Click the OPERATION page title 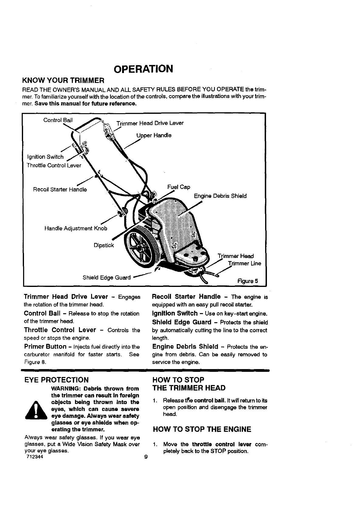pyautogui.click(x=143, y=69)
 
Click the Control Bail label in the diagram pyautogui.click(x=58, y=120)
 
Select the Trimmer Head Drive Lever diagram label pyautogui.click(x=150, y=123)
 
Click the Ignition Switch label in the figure pyautogui.click(x=45, y=157)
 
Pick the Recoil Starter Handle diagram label pyautogui.click(x=60, y=190)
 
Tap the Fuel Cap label pyautogui.click(x=179, y=187)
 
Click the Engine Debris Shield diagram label pyautogui.click(x=220, y=196)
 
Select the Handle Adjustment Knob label pyautogui.click(x=76, y=229)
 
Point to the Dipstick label pyautogui.click(x=104, y=245)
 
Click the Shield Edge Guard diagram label pyautogui.click(x=107, y=277)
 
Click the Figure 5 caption pyautogui.click(x=248, y=281)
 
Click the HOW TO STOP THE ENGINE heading pyautogui.click(x=202, y=429)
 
